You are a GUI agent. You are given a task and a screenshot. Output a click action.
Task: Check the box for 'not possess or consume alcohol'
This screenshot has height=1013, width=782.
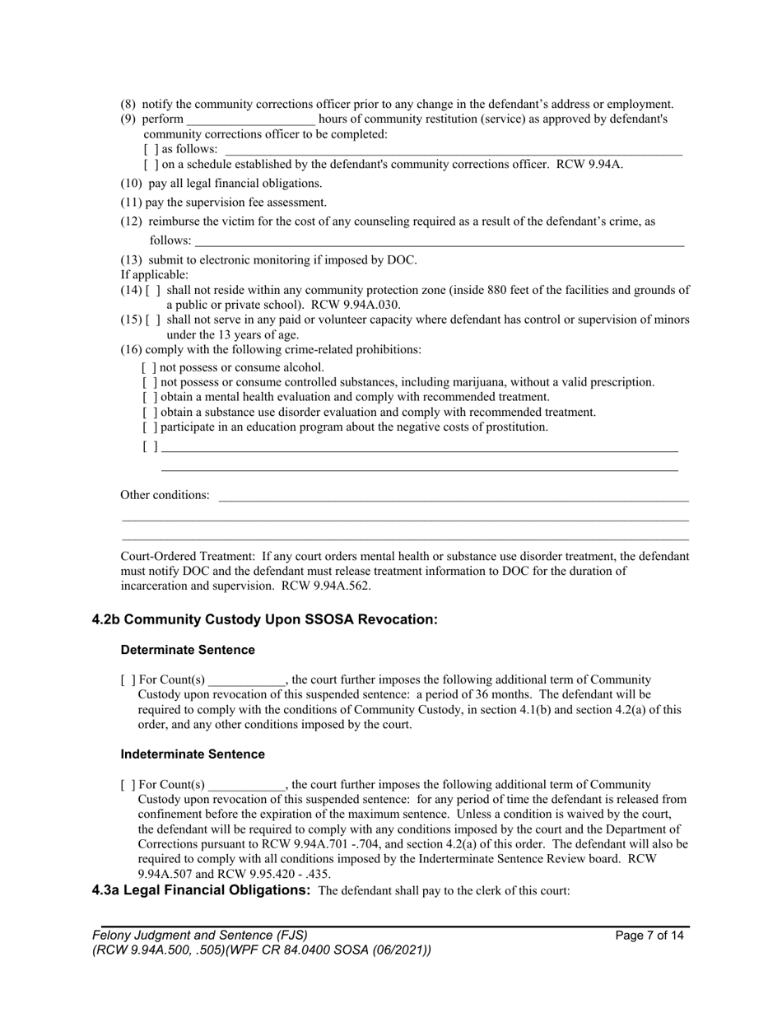pyautogui.click(x=149, y=368)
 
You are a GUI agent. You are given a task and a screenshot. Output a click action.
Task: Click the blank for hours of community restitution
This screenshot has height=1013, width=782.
pyautogui.click(x=250, y=120)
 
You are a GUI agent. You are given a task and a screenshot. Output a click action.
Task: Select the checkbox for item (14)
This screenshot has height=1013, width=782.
pyautogui.click(x=153, y=290)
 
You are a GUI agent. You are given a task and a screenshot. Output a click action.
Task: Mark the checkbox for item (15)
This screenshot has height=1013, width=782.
pyautogui.click(x=153, y=320)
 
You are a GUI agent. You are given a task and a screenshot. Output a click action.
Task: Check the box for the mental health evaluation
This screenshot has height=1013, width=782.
pyautogui.click(x=149, y=398)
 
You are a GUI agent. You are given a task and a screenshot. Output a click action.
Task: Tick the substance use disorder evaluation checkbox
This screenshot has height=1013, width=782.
pyautogui.click(x=149, y=413)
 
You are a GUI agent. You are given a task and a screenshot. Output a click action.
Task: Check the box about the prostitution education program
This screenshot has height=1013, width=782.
pyautogui.click(x=149, y=427)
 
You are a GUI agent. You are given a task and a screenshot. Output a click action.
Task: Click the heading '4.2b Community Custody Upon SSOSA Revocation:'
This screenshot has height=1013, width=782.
pyautogui.click(x=264, y=619)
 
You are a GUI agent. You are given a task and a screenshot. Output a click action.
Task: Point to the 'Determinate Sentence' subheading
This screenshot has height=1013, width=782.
pyautogui.click(x=188, y=650)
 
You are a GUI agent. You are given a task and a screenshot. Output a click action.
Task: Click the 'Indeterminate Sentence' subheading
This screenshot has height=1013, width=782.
pyautogui.click(x=193, y=754)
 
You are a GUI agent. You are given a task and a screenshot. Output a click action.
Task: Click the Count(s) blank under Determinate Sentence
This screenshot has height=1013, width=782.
pyautogui.click(x=246, y=681)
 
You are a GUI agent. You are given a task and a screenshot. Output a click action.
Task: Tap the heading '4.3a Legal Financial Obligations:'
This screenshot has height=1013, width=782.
pyautogui.click(x=201, y=890)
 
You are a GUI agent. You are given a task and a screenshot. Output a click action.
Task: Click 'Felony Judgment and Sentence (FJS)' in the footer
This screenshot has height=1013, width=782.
pyautogui.click(x=200, y=935)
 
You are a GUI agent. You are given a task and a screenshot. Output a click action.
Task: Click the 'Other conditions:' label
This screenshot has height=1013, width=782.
pyautogui.click(x=165, y=495)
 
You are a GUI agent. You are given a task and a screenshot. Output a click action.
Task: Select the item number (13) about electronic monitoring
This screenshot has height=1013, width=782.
pyautogui.click(x=132, y=260)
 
